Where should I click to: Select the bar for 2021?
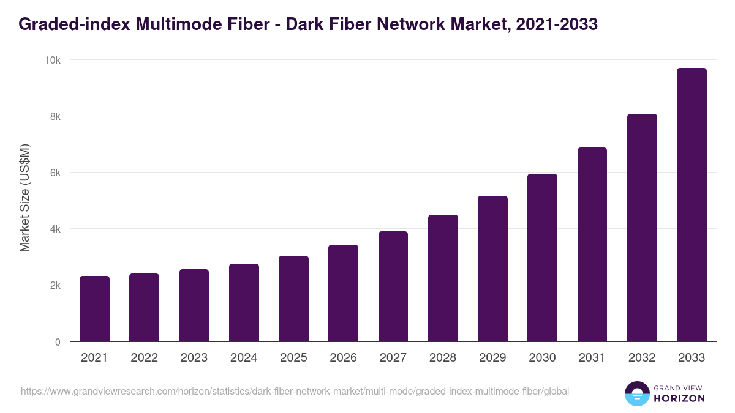point(94,309)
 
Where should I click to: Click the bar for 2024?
point(244,303)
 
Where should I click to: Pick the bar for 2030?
point(542,258)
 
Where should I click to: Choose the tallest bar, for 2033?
point(692,205)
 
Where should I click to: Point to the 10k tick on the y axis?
point(52,60)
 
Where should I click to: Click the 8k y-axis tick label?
point(55,116)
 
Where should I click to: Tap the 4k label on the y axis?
point(55,229)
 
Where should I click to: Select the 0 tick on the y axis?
point(58,342)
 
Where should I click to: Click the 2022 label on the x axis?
point(144,358)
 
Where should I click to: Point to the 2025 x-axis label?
point(293,358)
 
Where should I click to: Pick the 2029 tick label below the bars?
point(492,358)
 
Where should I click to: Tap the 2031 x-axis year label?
point(592,358)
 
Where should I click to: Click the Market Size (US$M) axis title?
point(24,198)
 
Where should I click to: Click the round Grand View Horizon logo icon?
point(636,393)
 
